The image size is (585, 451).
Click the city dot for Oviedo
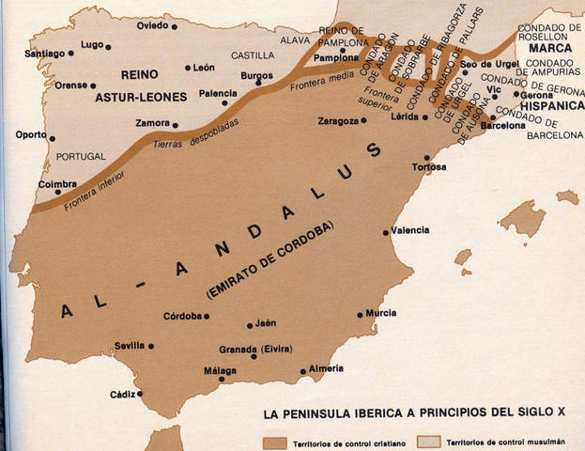click(x=175, y=26)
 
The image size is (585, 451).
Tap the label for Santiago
click(x=45, y=54)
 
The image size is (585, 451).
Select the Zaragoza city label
click(x=339, y=121)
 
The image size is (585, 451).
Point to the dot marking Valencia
click(x=385, y=232)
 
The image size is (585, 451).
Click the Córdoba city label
click(x=183, y=316)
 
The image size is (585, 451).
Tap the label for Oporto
click(x=30, y=134)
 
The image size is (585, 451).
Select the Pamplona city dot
click(x=362, y=56)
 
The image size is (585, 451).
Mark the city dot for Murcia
click(x=361, y=315)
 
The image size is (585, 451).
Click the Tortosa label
click(x=429, y=167)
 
